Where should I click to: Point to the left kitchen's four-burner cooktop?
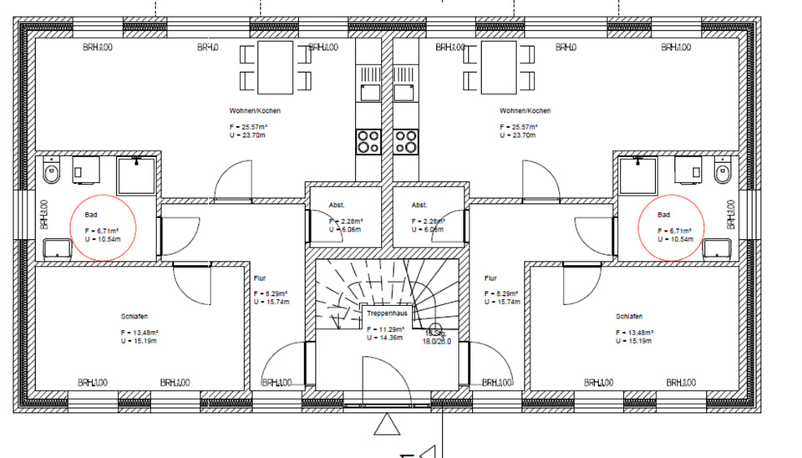(368, 141)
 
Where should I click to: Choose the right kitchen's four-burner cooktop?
(407, 141)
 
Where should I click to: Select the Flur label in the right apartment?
(490, 278)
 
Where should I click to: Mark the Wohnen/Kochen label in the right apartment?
(525, 111)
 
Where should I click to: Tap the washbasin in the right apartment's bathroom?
(717, 248)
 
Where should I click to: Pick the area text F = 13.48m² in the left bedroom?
(140, 333)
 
